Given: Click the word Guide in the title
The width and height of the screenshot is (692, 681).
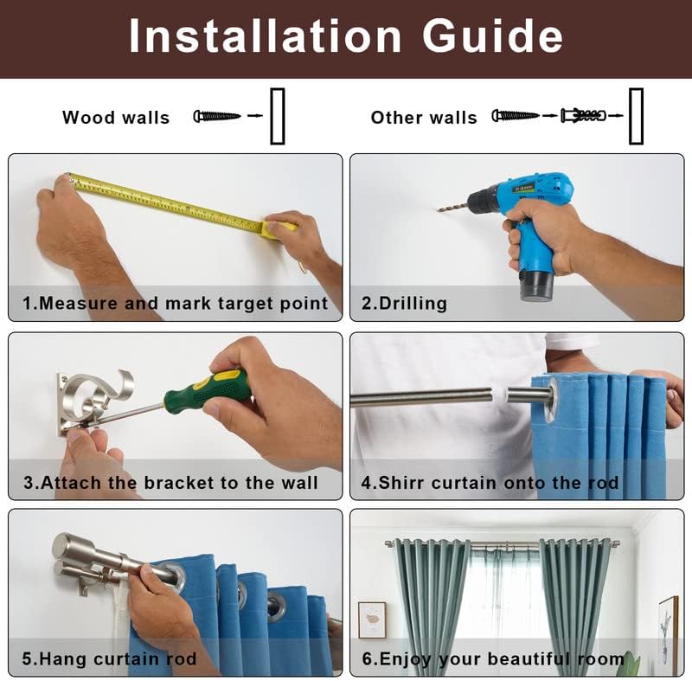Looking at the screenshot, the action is (492, 36).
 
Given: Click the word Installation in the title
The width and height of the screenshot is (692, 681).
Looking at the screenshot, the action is (265, 36).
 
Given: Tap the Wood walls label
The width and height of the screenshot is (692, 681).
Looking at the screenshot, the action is (116, 118).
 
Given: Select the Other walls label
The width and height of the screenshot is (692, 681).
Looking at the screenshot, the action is (424, 118).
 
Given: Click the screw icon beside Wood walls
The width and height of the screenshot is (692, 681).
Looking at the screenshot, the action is (217, 116).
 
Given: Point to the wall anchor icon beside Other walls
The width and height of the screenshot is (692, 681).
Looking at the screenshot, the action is (583, 116).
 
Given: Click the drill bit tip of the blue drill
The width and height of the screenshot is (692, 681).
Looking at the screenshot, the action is (439, 210).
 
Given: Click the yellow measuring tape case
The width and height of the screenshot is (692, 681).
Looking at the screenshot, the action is (278, 229).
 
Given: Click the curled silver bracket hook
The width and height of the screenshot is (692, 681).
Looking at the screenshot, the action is (95, 393).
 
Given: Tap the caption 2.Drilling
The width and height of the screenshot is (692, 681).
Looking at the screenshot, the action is (404, 304).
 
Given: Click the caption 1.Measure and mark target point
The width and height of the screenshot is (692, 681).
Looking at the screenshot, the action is (176, 304).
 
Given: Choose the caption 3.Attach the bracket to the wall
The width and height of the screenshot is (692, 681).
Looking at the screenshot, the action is (170, 483).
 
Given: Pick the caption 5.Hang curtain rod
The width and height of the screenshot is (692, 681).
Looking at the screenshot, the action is (109, 659).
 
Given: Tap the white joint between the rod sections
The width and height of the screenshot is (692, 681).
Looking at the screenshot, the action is (500, 395).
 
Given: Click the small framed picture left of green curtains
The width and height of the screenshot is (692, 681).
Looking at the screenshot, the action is (372, 620).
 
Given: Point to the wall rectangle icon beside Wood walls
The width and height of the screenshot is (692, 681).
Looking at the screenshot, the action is (278, 117).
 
